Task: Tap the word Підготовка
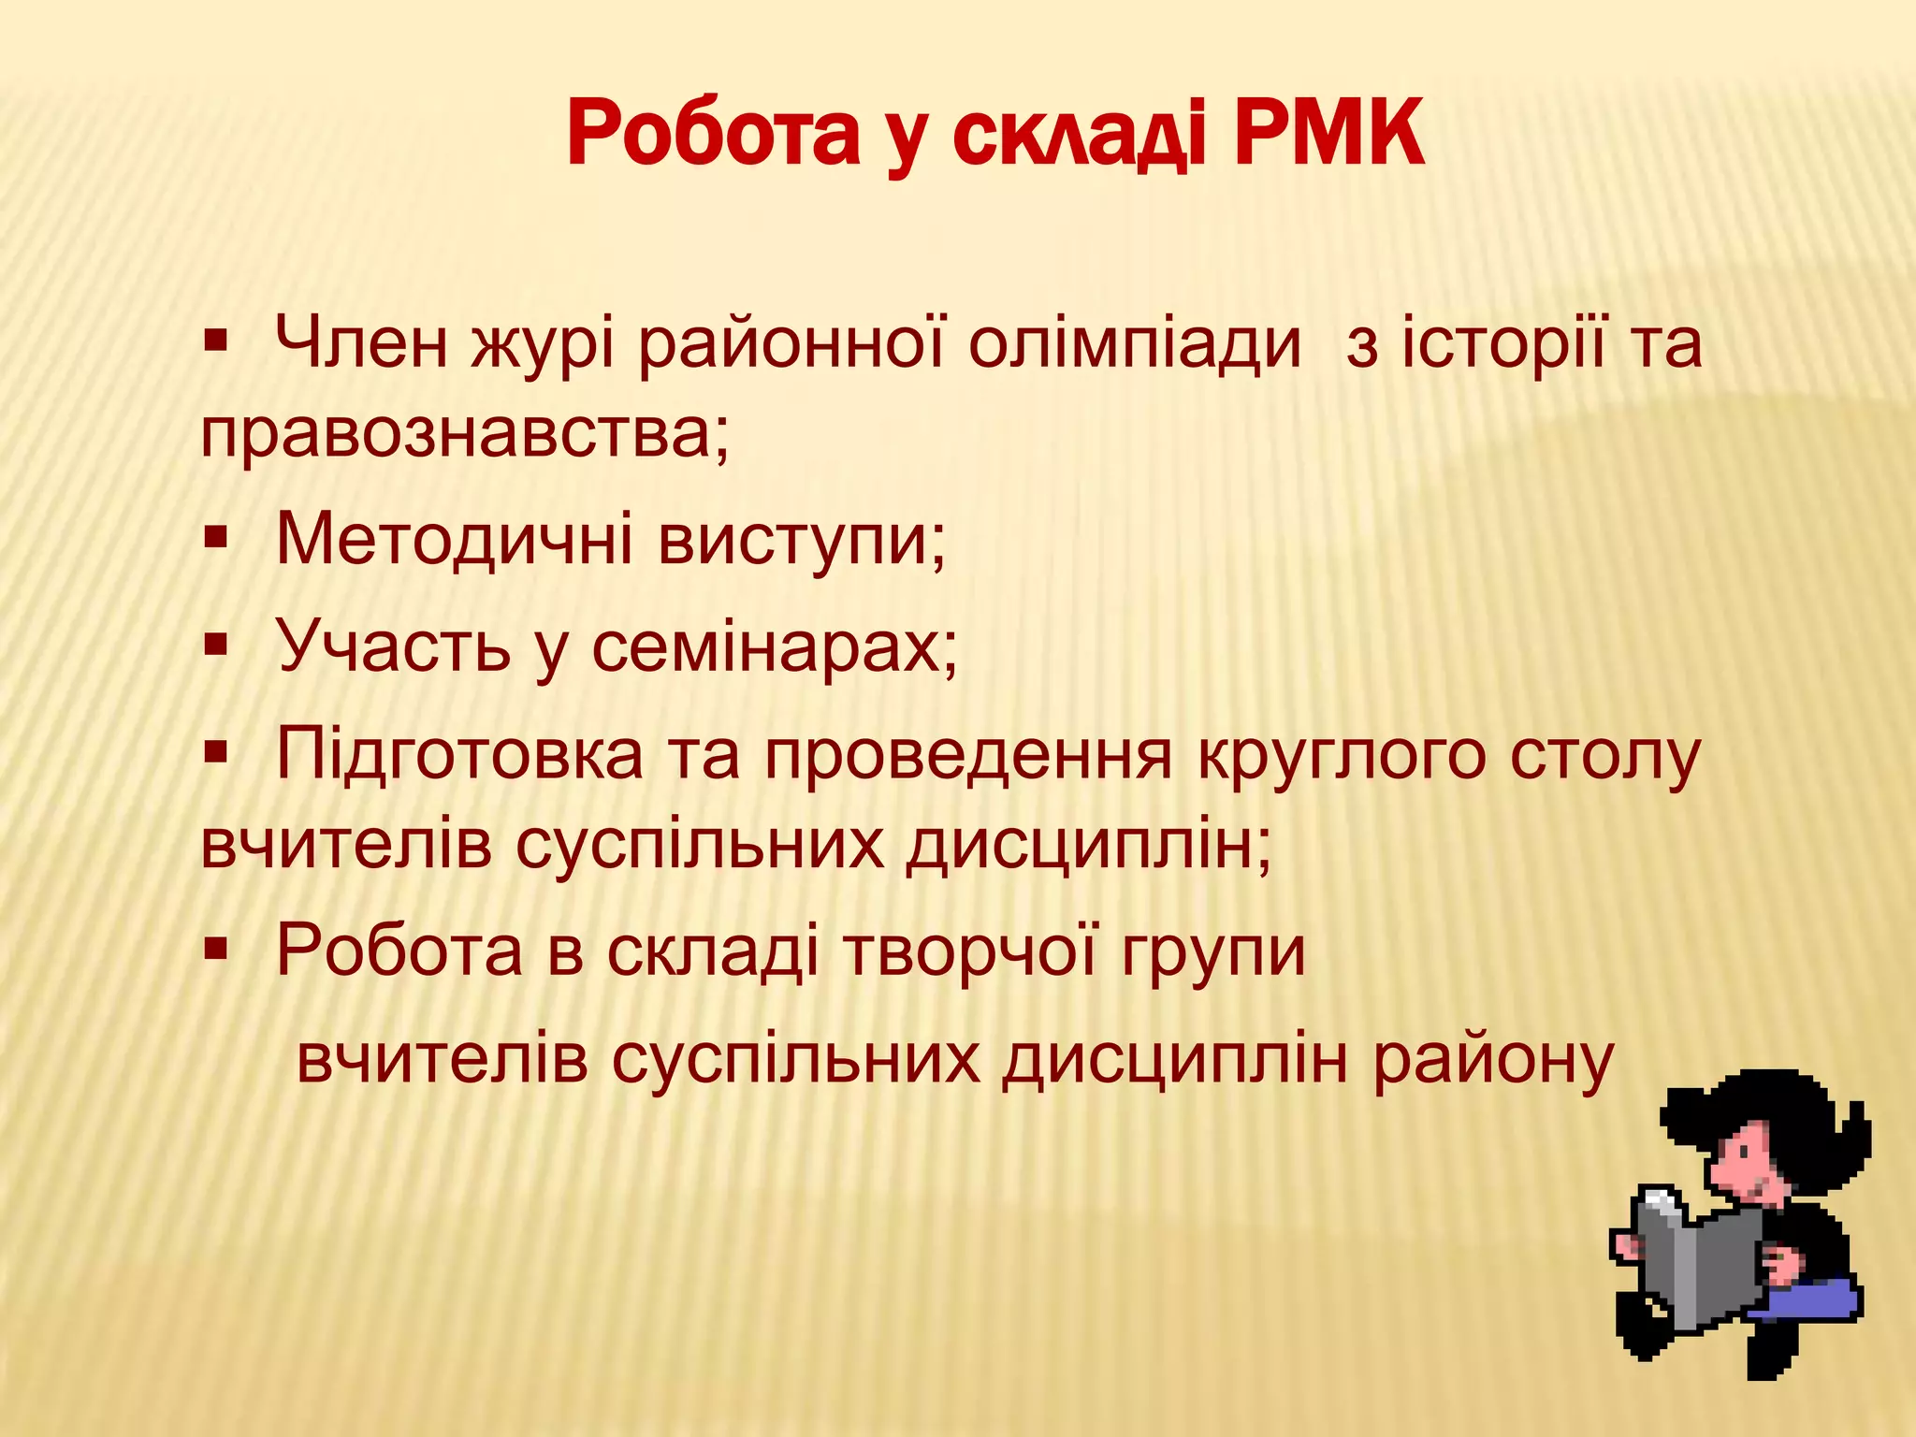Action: [459, 756]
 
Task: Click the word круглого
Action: [1342, 756]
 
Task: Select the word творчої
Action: [969, 952]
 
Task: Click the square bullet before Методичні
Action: [216, 538]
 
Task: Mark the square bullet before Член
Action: [216, 339]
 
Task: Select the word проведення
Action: [968, 756]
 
